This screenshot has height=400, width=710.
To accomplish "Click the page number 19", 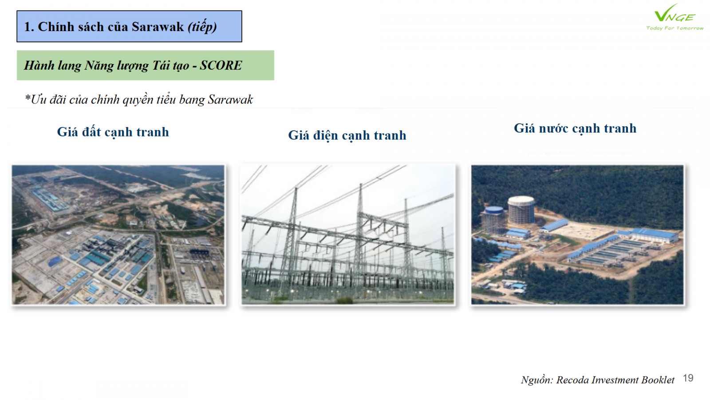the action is (688, 378).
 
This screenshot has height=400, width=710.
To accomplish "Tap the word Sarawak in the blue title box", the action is (158, 27).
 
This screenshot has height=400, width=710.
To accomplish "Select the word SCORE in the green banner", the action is (221, 65).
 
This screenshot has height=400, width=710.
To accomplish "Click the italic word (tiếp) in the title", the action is (202, 27).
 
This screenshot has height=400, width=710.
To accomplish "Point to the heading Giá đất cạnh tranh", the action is (113, 132).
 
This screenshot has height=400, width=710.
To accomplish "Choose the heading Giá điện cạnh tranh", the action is (347, 136).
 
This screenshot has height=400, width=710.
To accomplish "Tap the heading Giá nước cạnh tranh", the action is (575, 128).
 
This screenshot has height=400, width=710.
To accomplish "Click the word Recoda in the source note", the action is (572, 380).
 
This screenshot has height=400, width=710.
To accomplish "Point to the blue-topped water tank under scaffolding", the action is (493, 219).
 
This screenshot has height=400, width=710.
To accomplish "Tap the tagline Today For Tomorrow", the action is (675, 28).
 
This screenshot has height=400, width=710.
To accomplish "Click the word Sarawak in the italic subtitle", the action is (230, 100).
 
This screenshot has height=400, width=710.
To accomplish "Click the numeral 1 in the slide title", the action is (27, 27).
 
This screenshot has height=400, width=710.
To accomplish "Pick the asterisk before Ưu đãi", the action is (28, 97).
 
